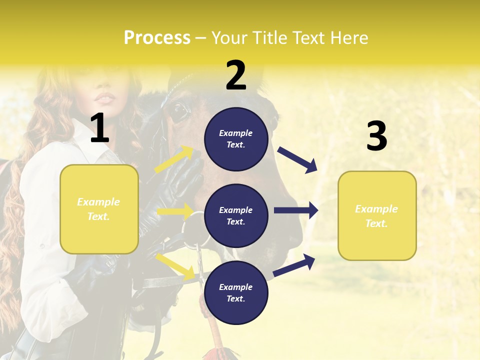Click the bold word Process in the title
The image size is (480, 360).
click(157, 38)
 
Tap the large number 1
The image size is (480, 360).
click(99, 128)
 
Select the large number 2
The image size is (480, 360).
click(236, 75)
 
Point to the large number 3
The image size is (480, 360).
click(376, 136)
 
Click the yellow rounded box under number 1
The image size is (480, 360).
click(99, 209)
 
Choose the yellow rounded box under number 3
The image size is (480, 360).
click(377, 216)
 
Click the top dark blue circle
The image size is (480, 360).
click(236, 139)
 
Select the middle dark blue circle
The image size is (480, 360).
click(236, 215)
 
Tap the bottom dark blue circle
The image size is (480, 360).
click(236, 292)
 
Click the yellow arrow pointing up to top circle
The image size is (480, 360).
click(174, 159)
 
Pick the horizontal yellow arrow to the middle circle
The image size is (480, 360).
click(175, 211)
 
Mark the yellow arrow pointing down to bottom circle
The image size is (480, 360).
click(175, 266)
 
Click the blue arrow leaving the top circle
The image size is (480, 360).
click(297, 159)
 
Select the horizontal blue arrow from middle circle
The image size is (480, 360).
click(296, 210)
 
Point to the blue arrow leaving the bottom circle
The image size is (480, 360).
click(294, 265)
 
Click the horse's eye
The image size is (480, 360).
click(178, 112)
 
